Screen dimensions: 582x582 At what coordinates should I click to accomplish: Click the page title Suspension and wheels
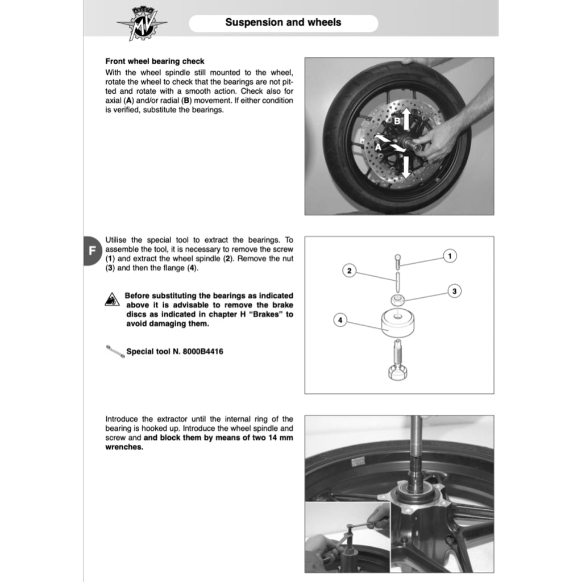pos(283,23)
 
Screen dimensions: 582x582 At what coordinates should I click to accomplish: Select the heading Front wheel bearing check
pos(155,61)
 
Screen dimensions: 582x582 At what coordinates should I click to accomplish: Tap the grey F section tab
pos(92,251)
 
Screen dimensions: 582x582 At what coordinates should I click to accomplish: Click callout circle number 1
pos(449,256)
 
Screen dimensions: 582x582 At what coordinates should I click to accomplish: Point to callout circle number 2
pos(350,271)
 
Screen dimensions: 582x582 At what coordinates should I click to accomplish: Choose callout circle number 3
pos(454,291)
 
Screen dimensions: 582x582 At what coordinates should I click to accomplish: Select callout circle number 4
pos(339,321)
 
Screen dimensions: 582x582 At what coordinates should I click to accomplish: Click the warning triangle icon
pos(112,300)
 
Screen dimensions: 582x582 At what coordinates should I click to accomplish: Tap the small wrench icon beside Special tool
pos(115,351)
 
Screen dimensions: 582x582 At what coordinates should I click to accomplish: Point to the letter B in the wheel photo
pos(398,121)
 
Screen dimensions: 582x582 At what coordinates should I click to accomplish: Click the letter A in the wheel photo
pos(378,146)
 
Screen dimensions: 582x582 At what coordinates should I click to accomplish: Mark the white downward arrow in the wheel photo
pos(407,165)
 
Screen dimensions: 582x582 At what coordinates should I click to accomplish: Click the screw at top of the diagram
pos(397,262)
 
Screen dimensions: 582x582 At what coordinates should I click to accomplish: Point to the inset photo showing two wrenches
pos(347,537)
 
